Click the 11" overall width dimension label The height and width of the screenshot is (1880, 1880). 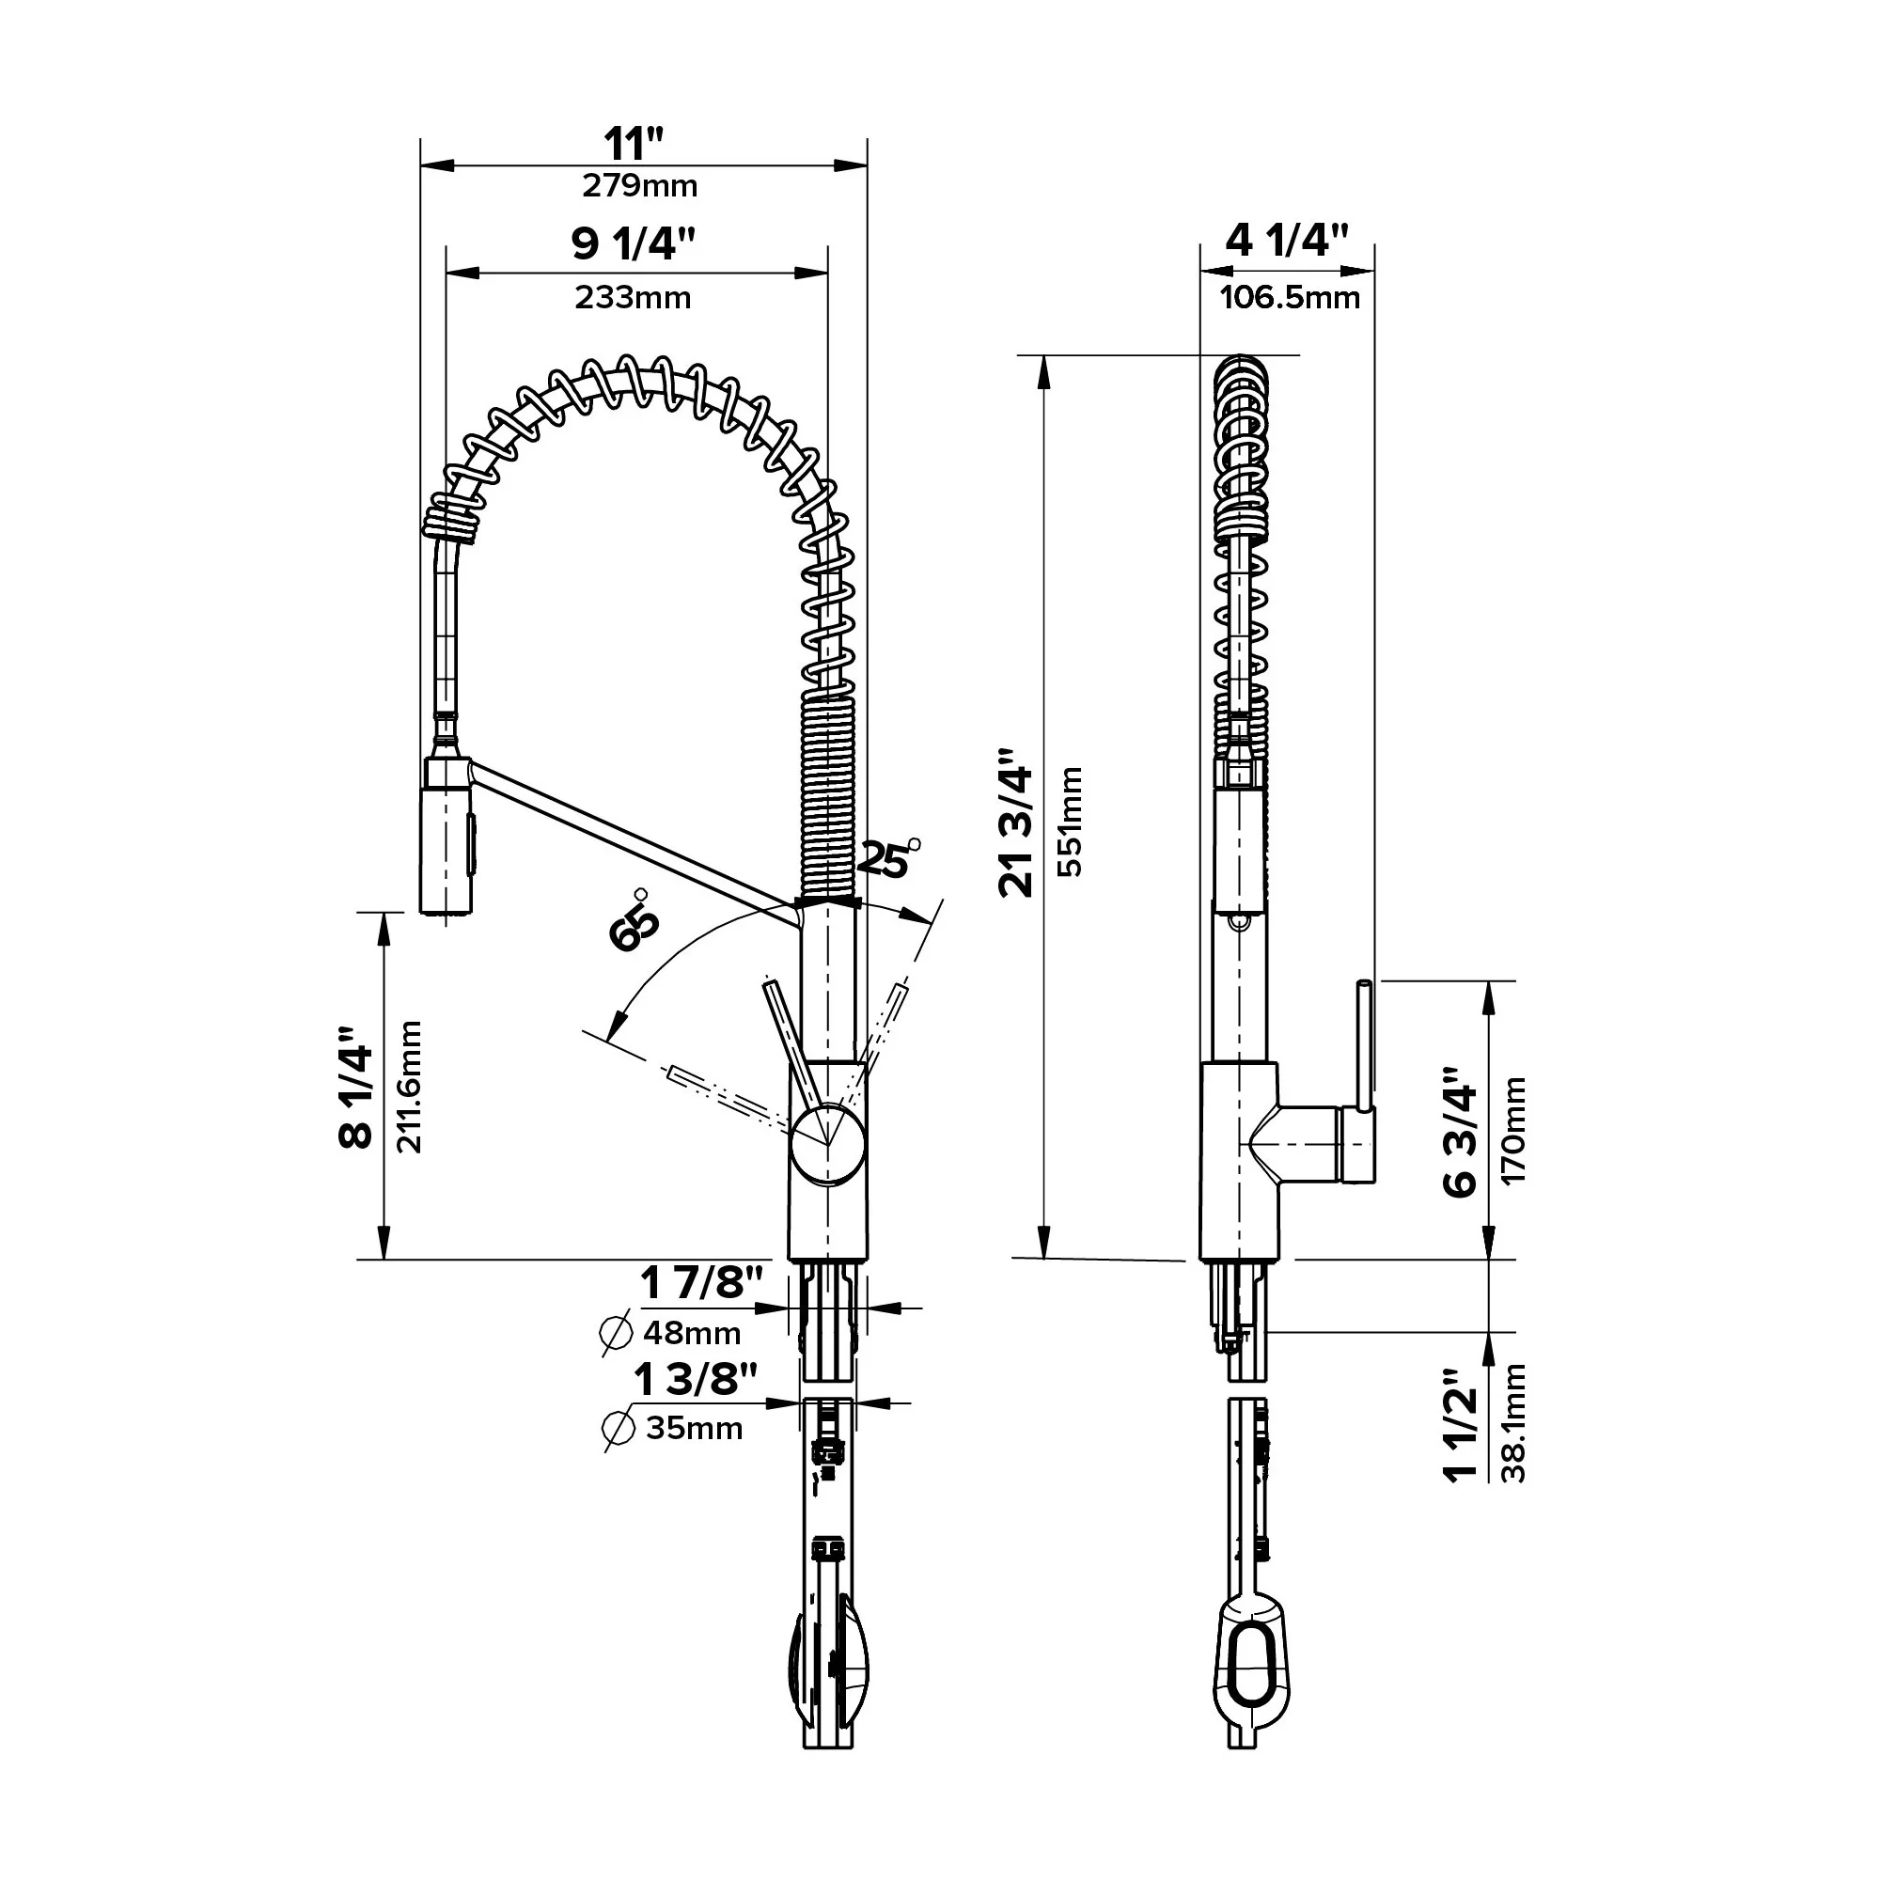tap(634, 144)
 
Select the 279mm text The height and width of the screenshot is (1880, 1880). tap(639, 186)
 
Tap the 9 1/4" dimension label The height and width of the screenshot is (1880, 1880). tap(634, 243)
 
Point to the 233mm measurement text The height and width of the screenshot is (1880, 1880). tap(633, 297)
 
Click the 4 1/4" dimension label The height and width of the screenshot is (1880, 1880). tap(1287, 241)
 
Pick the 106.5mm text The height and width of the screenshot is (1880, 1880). tap(1290, 297)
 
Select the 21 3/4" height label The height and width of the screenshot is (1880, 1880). tap(1018, 822)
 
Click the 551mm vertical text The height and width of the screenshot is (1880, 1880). tap(1070, 822)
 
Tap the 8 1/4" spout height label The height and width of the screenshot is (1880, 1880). tap(357, 1087)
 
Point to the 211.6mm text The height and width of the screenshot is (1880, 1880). tap(410, 1087)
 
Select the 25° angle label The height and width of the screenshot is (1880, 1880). tap(885, 859)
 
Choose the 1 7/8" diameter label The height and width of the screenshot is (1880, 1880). tap(701, 1283)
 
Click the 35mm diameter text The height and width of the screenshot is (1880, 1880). tap(694, 1429)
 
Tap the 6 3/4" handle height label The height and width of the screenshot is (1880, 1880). tap(1461, 1132)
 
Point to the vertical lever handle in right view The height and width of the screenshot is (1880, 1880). tap(1364, 1046)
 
